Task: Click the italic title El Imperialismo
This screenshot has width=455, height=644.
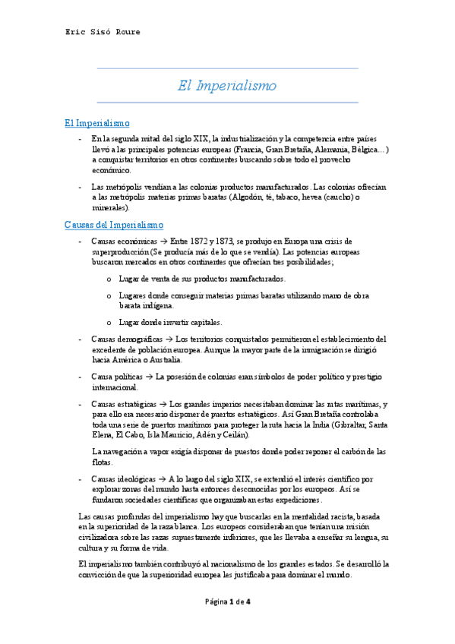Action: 227,86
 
